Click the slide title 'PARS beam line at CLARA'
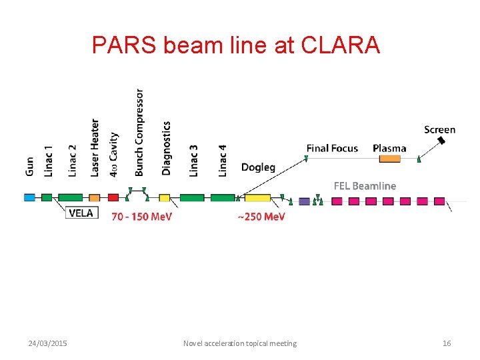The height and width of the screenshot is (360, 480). click(236, 45)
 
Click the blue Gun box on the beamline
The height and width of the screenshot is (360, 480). click(29, 197)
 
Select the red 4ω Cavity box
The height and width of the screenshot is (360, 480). click(113, 197)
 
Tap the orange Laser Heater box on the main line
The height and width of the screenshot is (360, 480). click(95, 197)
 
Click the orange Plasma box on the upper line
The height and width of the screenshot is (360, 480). click(390, 159)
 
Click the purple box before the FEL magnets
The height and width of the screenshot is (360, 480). click(305, 201)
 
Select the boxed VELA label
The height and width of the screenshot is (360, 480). click(83, 213)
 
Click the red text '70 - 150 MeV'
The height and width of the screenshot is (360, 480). click(141, 217)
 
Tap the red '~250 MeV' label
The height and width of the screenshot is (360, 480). click(261, 217)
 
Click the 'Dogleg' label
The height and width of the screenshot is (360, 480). click(258, 167)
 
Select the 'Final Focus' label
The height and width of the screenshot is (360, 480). click(332, 148)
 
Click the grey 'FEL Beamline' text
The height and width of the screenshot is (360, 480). click(365, 186)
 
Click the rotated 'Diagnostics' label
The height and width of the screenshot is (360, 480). click(167, 148)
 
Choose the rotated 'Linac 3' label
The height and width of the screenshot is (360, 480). click(194, 160)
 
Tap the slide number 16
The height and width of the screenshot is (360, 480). click(447, 343)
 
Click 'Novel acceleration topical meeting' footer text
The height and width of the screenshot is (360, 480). click(240, 343)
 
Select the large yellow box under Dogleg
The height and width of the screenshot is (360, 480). click(257, 198)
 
